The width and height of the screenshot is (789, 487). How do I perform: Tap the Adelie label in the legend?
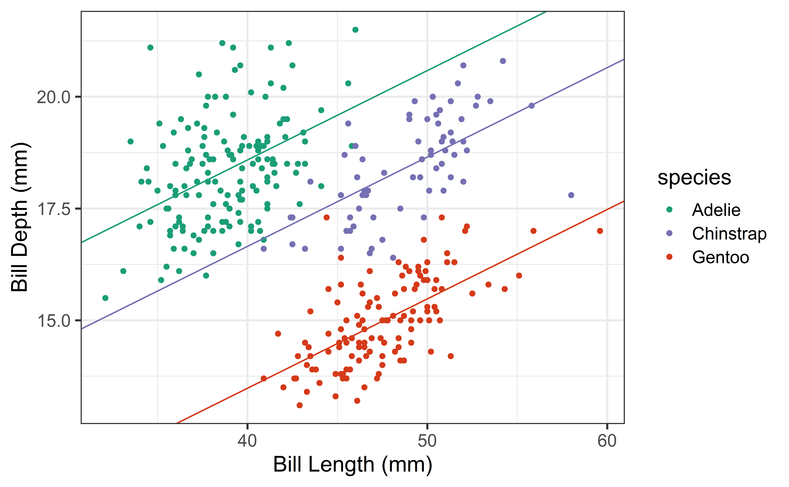coord(716,210)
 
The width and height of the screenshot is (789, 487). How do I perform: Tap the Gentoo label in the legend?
coord(720,257)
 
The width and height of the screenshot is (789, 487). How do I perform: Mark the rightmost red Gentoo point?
coord(600,231)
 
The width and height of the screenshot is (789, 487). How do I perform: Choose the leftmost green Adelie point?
coord(105,298)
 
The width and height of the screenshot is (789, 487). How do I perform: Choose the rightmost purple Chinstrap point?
coord(571,195)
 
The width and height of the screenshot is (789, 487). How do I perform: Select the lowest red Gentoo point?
coord(299,405)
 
